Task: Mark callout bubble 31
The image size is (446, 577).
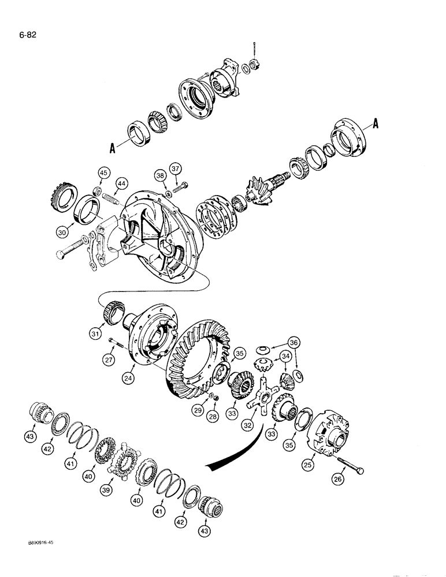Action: pyautogui.click(x=95, y=334)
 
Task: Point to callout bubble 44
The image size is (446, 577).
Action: pyautogui.click(x=121, y=183)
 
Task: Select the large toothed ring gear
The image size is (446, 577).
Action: pyautogui.click(x=191, y=358)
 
